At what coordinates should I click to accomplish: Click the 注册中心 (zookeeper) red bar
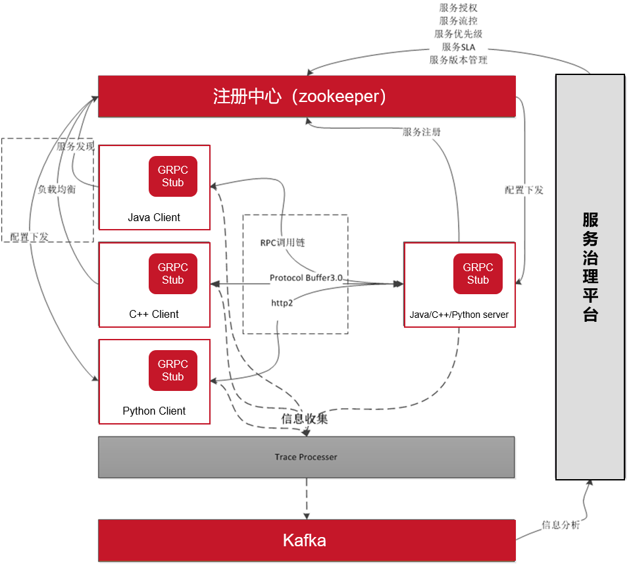307,96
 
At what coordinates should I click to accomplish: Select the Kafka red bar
307,540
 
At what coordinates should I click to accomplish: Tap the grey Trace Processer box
307,457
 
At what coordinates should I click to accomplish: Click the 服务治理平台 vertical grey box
590,276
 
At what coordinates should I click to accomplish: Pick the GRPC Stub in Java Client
173,176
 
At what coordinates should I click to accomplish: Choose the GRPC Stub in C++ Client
173,273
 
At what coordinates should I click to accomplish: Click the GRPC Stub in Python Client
173,370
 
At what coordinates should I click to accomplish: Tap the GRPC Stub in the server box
478,273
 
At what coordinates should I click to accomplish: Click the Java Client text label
154,217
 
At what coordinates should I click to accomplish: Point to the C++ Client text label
154,314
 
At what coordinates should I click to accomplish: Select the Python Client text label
154,411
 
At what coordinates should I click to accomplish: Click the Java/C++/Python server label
459,315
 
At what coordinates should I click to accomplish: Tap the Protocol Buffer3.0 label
306,278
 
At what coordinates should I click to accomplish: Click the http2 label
282,303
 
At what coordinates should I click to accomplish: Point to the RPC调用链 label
282,242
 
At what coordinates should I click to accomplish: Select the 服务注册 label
422,132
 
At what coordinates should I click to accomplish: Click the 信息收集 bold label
305,419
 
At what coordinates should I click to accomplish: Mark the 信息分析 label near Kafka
561,525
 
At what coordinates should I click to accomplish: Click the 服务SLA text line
459,47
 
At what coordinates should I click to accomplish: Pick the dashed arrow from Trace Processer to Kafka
306,498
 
